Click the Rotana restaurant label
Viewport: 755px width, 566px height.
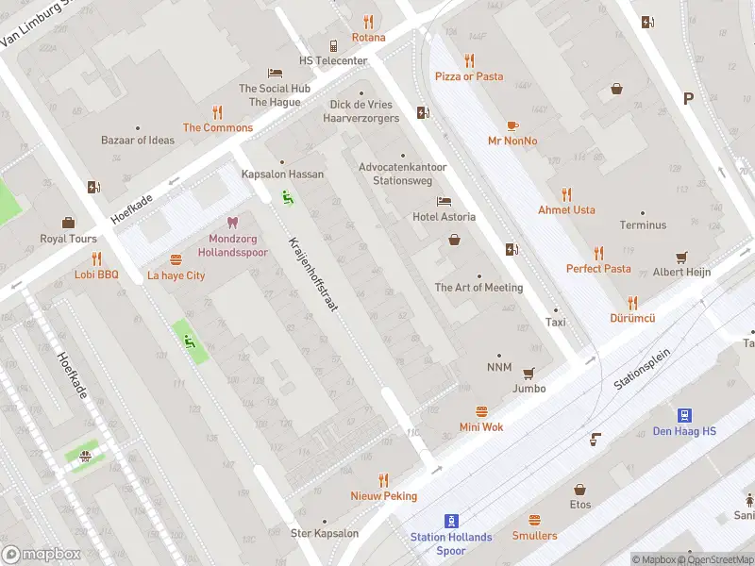tap(368, 38)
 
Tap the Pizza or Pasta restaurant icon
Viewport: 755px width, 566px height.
tap(469, 60)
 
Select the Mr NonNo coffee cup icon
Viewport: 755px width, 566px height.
tap(512, 125)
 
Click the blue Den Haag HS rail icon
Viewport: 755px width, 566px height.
tap(684, 415)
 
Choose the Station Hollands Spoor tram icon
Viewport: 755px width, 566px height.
tap(451, 520)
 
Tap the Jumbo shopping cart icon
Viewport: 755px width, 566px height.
tap(528, 373)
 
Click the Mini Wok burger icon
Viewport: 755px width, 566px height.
tap(481, 411)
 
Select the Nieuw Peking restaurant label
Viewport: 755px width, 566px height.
tap(383, 496)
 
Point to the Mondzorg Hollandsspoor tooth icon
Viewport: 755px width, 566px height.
tap(233, 224)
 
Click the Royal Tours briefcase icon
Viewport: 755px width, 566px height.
tap(68, 223)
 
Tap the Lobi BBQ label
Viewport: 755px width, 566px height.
tap(96, 275)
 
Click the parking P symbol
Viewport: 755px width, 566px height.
tap(688, 98)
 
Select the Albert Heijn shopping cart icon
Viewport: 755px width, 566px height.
tap(681, 257)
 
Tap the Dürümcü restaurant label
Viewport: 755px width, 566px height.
tap(631, 319)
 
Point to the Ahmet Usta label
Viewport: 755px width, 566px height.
tap(566, 210)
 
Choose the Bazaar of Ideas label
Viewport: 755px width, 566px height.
tap(138, 141)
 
